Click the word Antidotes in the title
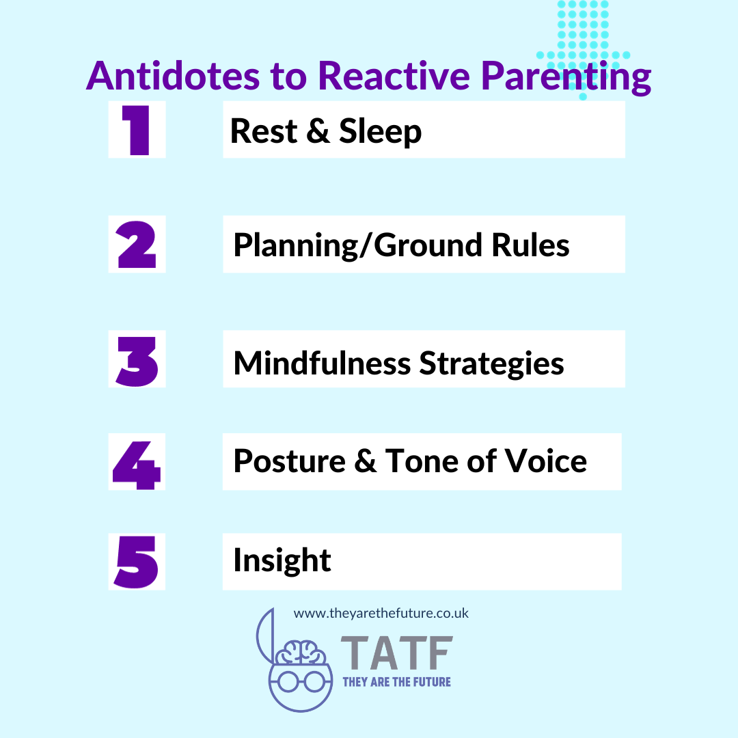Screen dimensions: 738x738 [172, 77]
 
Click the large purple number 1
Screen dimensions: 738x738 [137, 130]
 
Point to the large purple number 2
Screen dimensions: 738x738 [137, 245]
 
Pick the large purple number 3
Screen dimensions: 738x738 [137, 359]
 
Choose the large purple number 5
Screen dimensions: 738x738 [137, 562]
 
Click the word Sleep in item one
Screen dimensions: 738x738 [380, 131]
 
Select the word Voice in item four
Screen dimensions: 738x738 [545, 461]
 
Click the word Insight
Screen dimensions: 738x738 [282, 561]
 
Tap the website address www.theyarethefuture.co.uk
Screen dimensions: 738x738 [381, 613]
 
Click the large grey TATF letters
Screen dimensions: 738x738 [396, 653]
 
